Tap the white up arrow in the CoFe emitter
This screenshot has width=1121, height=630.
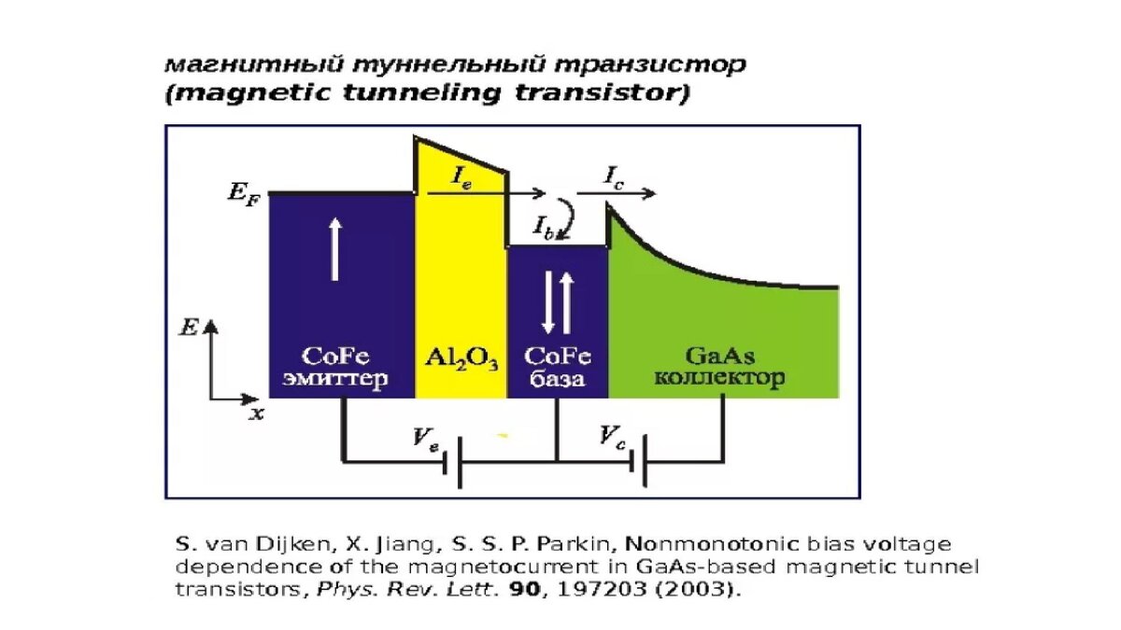pos(334,246)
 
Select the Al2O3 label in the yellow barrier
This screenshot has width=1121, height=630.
pos(461,359)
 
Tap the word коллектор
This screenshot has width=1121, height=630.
pos(718,379)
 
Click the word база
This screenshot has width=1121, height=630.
pos(557,380)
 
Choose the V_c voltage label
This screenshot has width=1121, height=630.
pos(612,437)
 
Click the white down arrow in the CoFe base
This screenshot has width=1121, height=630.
pos(549,303)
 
